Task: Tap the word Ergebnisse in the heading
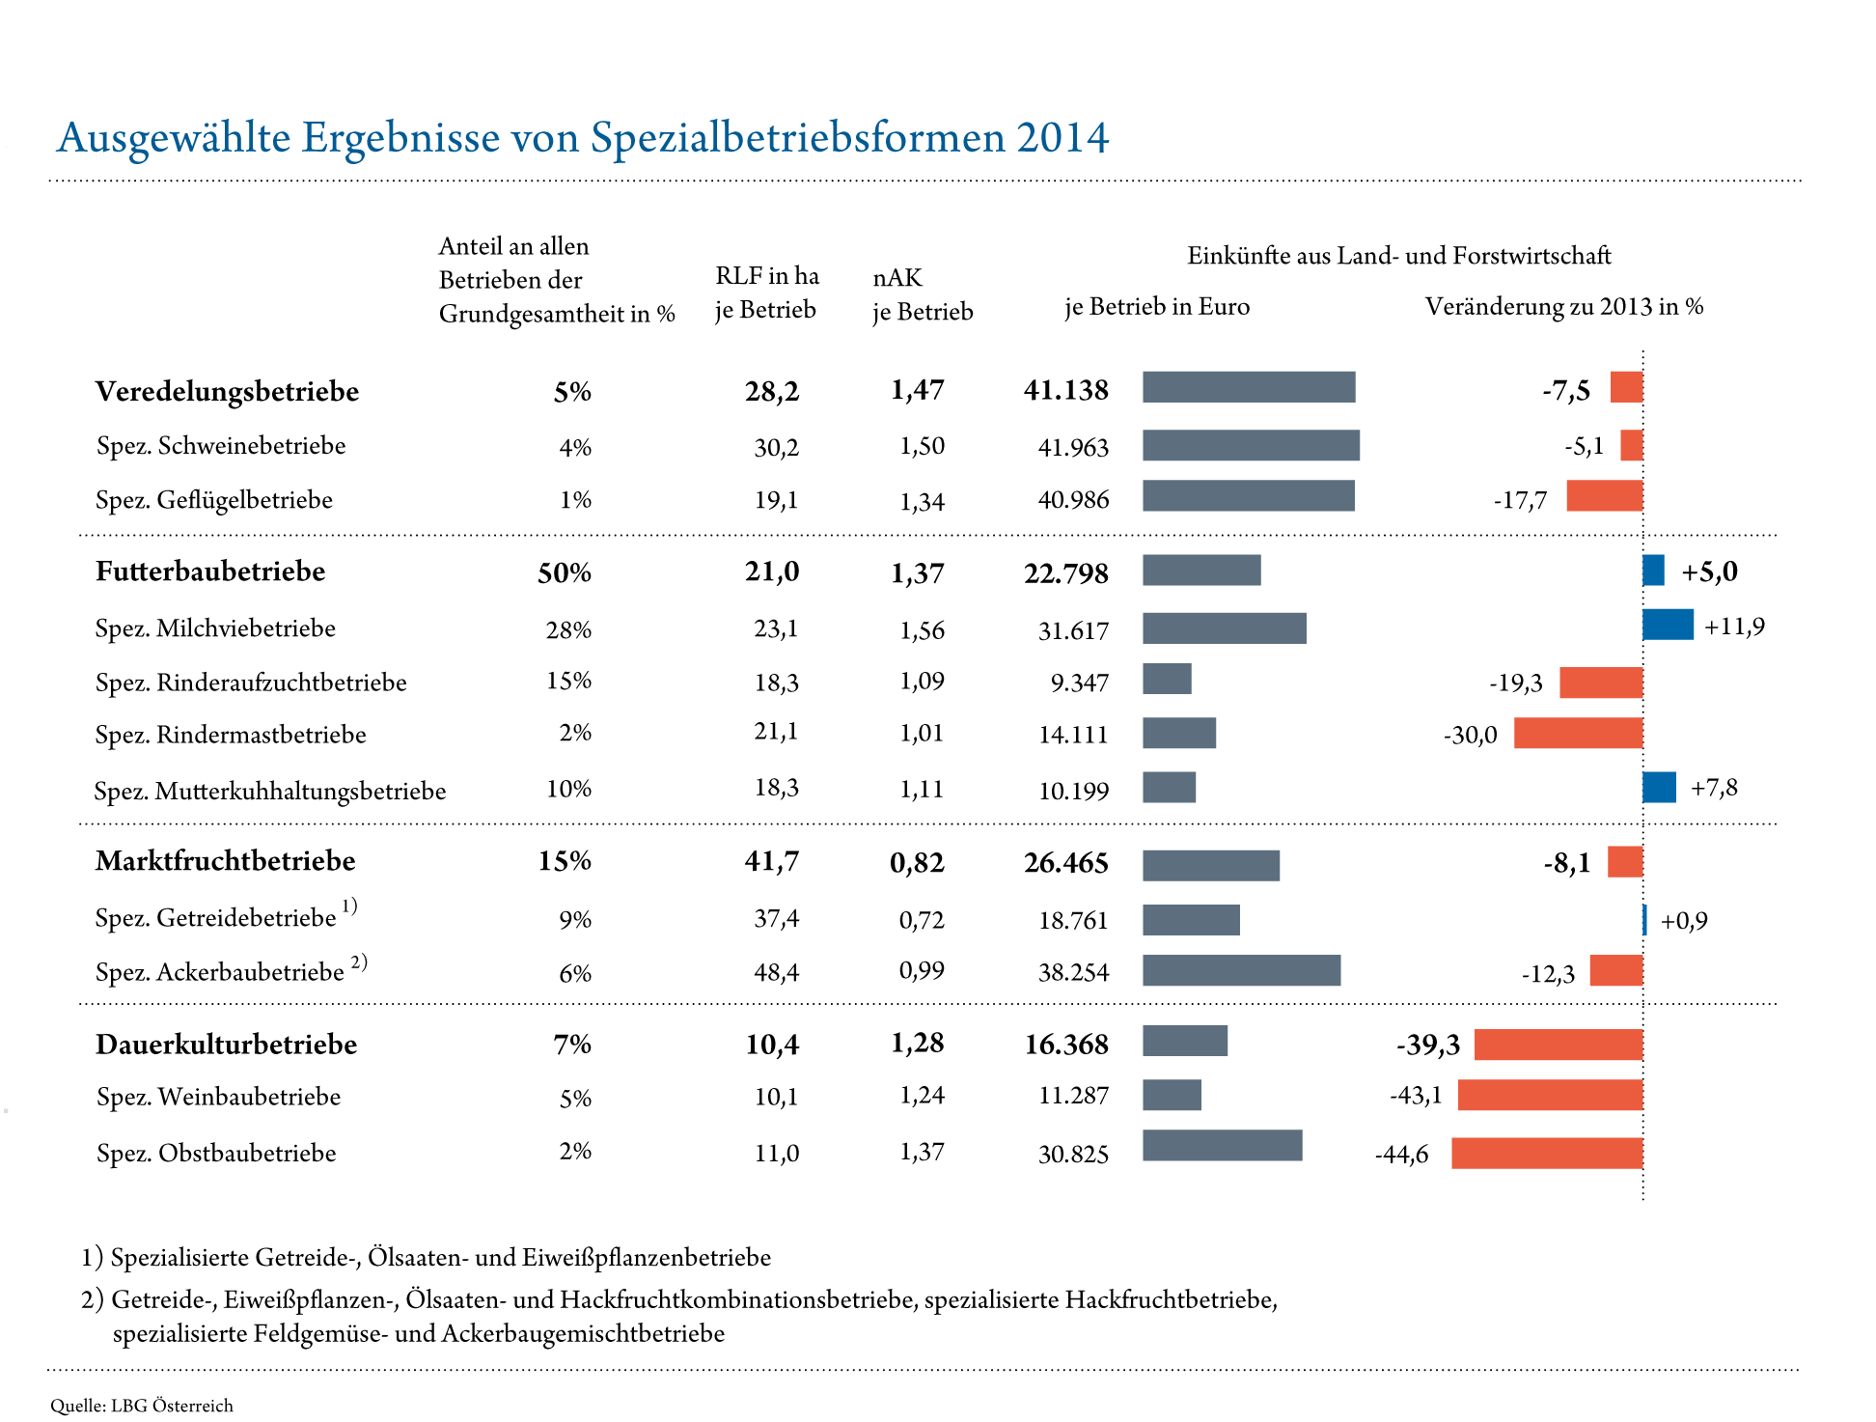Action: (x=400, y=139)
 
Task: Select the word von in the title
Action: (x=545, y=139)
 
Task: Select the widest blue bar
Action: (x=1669, y=625)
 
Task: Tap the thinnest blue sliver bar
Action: (x=1645, y=920)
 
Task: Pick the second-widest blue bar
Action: (x=1660, y=788)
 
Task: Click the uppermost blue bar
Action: (x=1654, y=571)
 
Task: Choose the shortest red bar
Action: (x=1632, y=446)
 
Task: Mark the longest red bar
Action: (x=1547, y=1154)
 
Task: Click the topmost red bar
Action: (x=1627, y=387)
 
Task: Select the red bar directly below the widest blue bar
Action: (x=1601, y=683)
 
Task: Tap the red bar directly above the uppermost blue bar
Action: (x=1605, y=496)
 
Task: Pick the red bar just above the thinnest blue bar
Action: (x=1626, y=862)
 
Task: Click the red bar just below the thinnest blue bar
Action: (x=1616, y=971)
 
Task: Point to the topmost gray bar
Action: (x=1249, y=387)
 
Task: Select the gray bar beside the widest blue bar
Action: (x=1225, y=628)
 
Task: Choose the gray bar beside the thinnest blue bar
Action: (x=1191, y=920)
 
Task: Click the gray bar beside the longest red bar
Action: (x=1223, y=1146)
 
